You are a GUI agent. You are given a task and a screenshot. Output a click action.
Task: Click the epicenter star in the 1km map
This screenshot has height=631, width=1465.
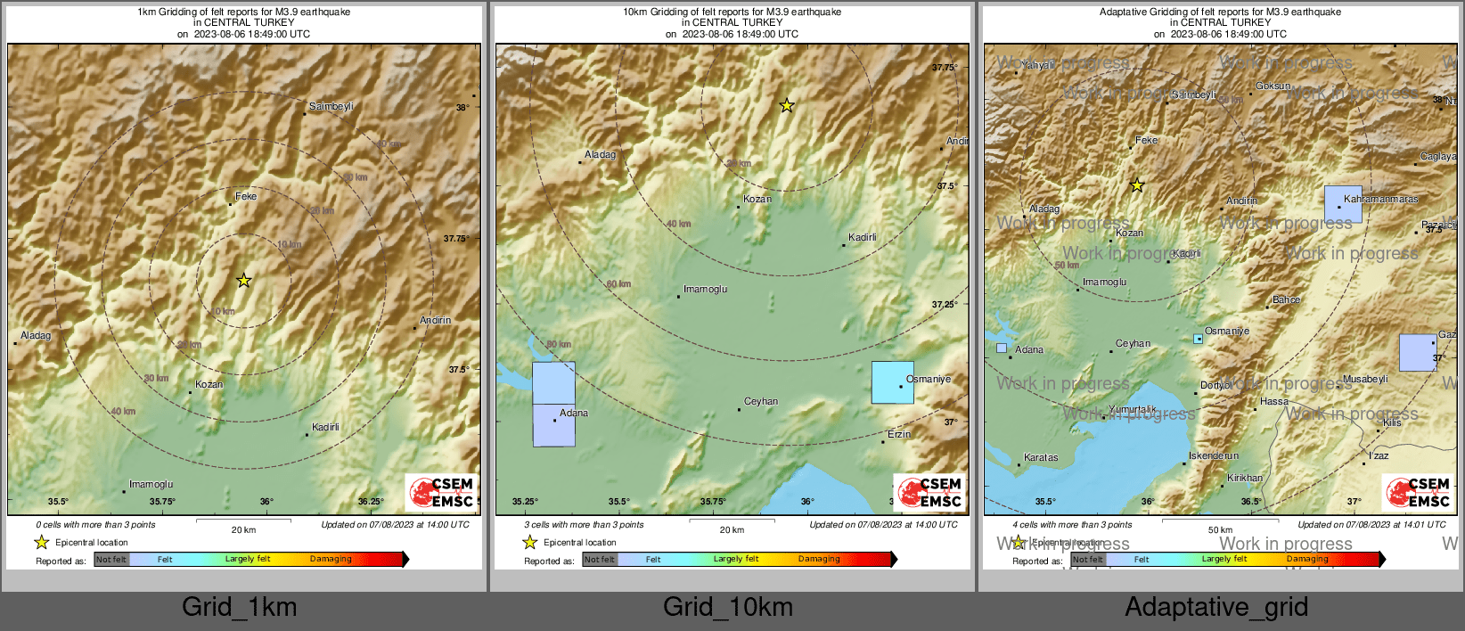coord(243,281)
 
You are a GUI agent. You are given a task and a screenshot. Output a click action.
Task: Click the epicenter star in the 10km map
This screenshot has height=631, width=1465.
coord(787,106)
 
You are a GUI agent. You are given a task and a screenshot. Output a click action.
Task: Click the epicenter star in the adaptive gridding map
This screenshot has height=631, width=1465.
coord(1137,185)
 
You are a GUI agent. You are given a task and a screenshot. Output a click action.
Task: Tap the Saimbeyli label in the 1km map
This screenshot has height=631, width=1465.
coord(331,106)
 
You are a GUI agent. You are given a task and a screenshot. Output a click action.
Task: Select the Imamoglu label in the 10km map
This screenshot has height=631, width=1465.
coord(705,289)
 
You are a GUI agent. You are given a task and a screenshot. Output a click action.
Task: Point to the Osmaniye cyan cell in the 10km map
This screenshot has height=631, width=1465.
coord(892,382)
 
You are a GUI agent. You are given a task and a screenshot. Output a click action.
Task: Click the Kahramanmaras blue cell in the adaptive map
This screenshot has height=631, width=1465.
coord(1343,205)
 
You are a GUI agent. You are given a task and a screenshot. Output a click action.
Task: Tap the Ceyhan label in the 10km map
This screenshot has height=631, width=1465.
coord(761,401)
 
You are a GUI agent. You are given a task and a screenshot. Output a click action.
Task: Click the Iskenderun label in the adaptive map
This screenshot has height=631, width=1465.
coord(1214,455)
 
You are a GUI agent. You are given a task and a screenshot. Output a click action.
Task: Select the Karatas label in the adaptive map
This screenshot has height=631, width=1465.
coord(1041,457)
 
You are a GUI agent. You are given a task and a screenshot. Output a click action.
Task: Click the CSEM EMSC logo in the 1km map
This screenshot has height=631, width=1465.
coord(442,492)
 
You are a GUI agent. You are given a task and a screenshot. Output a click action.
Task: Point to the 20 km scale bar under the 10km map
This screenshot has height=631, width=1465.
coord(732,520)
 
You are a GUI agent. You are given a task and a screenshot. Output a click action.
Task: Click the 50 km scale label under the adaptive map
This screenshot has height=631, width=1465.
coord(1220,529)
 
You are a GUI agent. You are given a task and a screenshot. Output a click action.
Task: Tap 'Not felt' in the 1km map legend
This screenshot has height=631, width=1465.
coord(111,560)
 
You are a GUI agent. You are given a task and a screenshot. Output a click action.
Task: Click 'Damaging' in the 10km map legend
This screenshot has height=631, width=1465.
coord(819,559)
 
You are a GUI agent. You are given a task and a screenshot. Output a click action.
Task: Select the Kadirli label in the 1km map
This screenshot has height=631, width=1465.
coord(325,427)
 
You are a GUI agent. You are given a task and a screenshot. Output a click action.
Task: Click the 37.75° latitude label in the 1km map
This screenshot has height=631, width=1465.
coord(456,238)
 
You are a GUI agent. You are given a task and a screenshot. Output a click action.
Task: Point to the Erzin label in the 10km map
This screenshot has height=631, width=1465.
coord(899,434)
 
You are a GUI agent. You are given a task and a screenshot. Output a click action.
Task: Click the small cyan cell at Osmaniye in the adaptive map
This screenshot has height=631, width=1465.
coord(1199,339)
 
